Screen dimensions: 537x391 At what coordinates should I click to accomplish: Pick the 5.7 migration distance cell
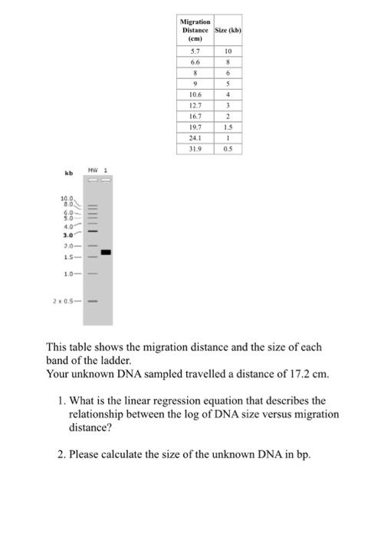pos(195,51)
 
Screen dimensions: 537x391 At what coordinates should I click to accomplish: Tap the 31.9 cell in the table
pos(195,149)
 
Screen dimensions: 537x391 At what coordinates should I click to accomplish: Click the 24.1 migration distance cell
pos(195,138)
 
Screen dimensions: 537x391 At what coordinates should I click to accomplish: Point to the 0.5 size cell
pos(227,149)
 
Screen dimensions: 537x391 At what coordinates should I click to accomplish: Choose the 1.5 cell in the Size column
pos(227,127)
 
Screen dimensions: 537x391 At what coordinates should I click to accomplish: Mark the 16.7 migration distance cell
pos(195,117)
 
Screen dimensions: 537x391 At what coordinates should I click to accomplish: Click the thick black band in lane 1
pos(106,252)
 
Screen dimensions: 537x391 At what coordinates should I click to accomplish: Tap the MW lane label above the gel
pos(92,170)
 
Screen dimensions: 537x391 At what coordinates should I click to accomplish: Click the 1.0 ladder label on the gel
pos(67,273)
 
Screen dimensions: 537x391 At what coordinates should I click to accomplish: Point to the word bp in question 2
pos(303,454)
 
